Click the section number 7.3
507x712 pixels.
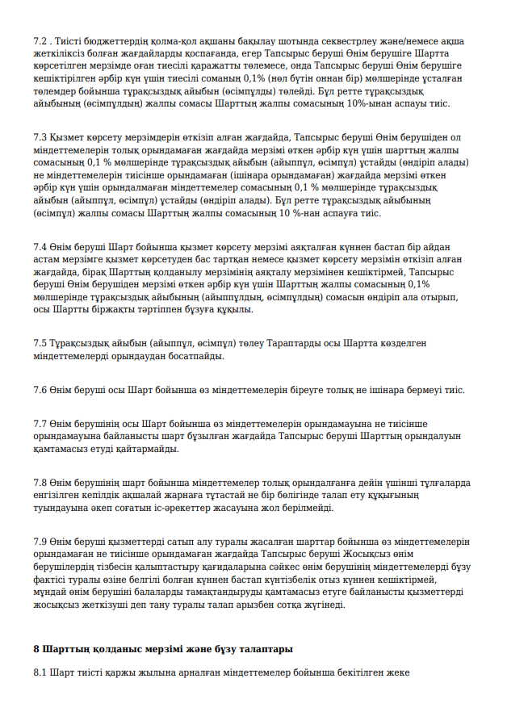pyautogui.click(x=40, y=137)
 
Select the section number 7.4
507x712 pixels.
pyautogui.click(x=40, y=246)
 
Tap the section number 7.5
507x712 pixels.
pyautogui.click(x=40, y=342)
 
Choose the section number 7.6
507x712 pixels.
pyautogui.click(x=40, y=389)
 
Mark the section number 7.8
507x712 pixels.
pyautogui.click(x=40, y=483)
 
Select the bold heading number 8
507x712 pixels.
pyautogui.click(x=36, y=649)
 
